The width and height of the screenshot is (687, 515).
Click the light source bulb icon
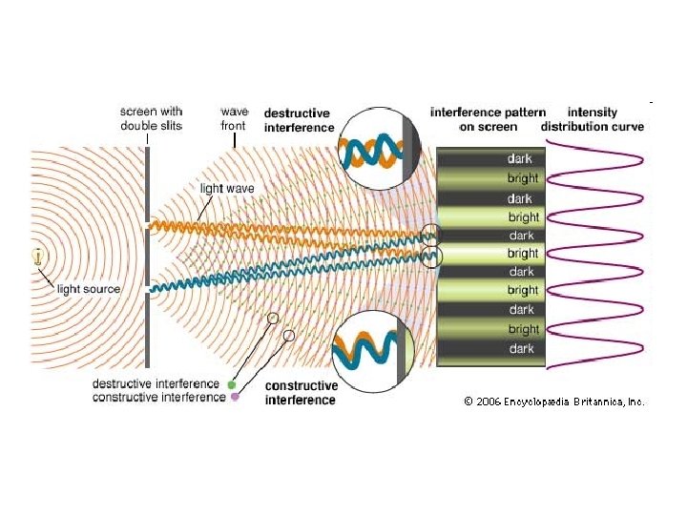[37, 256]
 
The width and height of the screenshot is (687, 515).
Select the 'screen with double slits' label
[151, 118]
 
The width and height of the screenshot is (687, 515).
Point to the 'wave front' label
[232, 118]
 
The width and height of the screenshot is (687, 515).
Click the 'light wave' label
[227, 188]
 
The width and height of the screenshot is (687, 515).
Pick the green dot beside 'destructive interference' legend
[232, 384]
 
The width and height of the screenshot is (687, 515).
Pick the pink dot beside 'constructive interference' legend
[235, 397]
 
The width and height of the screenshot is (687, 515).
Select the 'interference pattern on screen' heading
[488, 119]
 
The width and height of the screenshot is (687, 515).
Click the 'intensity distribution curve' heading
[592, 119]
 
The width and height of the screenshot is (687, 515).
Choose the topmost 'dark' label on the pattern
[521, 159]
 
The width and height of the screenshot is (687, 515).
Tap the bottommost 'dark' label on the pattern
[522, 349]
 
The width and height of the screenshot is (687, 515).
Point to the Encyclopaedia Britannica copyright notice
[553, 402]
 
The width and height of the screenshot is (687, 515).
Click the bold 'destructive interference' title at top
[299, 119]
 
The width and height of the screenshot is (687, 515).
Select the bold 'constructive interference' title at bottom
[301, 393]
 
